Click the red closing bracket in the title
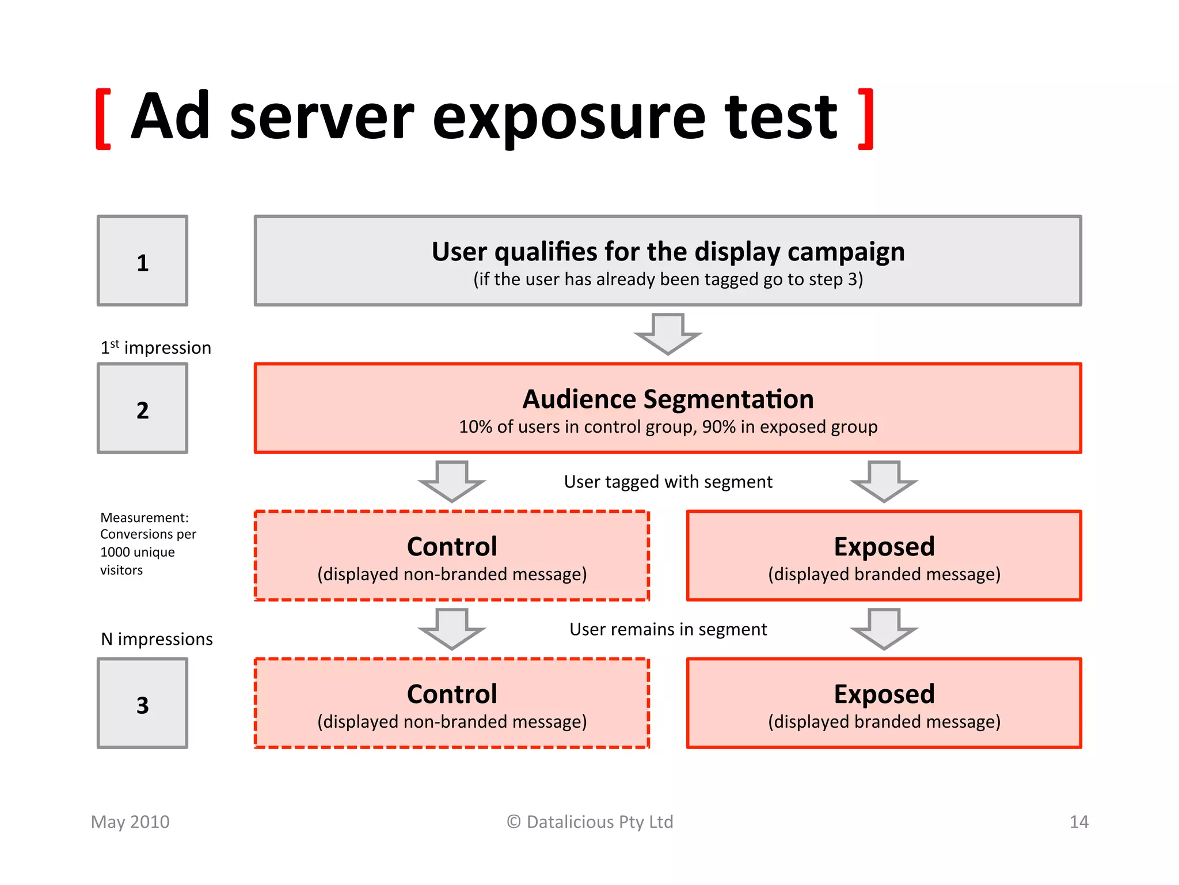coord(866,119)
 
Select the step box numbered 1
coord(142,261)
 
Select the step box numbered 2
coord(142,409)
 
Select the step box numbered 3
coord(142,704)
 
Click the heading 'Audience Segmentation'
coord(668,399)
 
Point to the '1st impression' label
coord(156,347)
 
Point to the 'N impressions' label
coord(157,639)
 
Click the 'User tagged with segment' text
coord(668,482)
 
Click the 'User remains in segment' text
coord(668,629)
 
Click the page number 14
coord(1079,822)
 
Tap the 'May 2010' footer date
coord(130,822)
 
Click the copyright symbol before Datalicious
coord(514,822)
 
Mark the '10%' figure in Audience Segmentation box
coord(475,427)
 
